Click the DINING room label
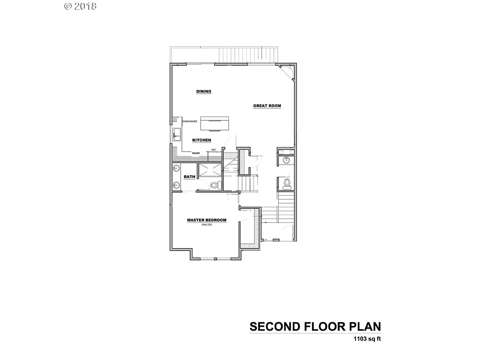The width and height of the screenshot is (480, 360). (204, 92)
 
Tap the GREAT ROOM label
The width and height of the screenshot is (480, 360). (267, 106)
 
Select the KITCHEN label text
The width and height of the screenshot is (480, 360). (201, 140)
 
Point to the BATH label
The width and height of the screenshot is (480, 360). (189, 177)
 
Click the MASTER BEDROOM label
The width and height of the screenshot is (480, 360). (206, 220)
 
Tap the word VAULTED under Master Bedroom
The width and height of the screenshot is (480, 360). (206, 225)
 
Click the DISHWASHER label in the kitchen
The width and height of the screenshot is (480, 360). (190, 121)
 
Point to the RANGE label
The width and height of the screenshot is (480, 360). (196, 153)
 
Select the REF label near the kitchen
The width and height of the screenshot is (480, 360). (214, 150)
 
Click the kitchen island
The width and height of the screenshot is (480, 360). (215, 124)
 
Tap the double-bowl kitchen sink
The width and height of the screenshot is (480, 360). (177, 134)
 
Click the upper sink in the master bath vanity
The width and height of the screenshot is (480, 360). (176, 168)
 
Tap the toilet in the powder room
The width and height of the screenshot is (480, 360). (286, 183)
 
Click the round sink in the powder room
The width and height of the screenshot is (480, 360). (286, 160)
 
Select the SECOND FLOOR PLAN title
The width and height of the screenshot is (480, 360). (315, 326)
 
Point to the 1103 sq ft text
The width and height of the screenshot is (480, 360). (367, 339)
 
